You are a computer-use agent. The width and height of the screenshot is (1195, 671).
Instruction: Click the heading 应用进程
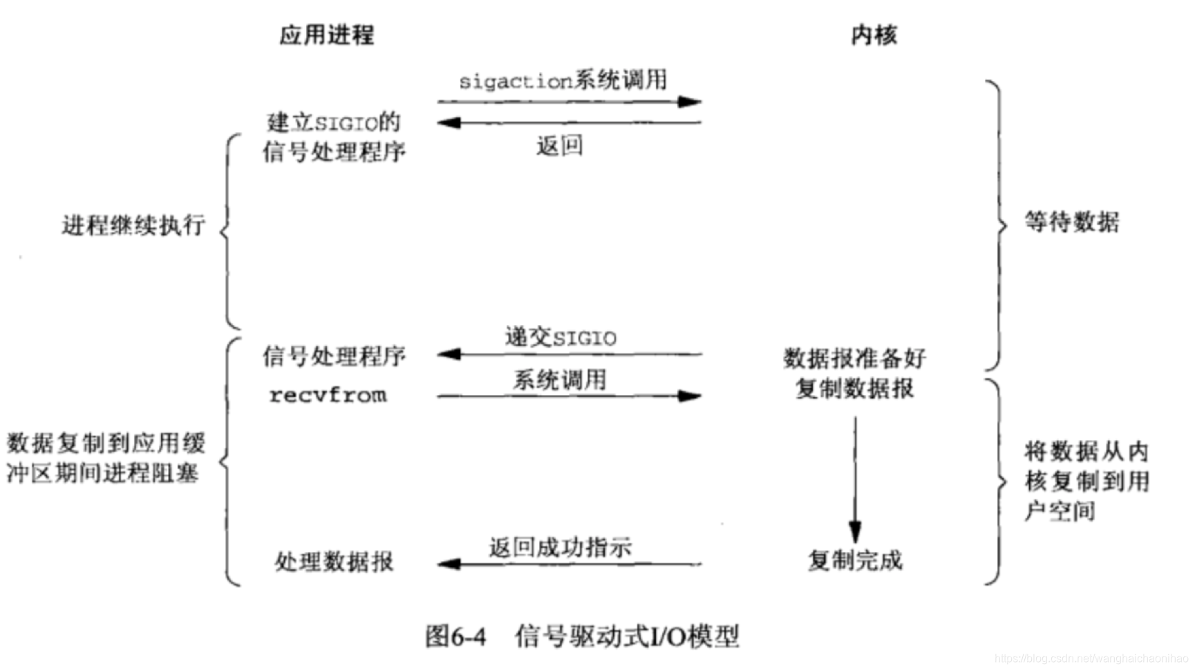point(326,35)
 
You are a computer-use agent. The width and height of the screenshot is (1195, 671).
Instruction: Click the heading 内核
point(874,35)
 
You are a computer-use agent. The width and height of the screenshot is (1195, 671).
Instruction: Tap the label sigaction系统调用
point(563,81)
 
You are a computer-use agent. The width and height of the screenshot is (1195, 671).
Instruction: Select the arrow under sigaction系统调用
point(569,102)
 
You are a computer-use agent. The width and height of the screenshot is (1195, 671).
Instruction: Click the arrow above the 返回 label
point(569,123)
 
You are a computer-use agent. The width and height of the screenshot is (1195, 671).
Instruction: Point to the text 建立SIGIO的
point(334,123)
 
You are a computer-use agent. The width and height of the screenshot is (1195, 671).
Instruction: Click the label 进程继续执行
point(133,225)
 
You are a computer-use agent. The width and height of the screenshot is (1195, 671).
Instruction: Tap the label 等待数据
point(1072,222)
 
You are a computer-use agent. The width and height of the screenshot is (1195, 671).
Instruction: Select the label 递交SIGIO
point(561,338)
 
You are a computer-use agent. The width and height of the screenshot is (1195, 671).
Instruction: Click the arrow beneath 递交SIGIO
point(569,354)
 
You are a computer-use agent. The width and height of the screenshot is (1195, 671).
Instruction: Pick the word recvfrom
point(328,395)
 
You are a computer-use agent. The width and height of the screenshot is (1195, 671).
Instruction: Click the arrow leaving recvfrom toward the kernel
point(569,396)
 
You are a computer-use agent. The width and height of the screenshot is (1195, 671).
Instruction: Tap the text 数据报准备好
point(854,358)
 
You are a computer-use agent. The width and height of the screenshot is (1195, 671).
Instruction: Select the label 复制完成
point(855,560)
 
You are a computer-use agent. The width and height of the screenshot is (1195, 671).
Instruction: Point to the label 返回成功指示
point(561,547)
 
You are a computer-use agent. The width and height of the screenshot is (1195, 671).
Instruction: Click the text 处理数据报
point(334,562)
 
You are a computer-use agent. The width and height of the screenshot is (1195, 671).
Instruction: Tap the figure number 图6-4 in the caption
point(455,636)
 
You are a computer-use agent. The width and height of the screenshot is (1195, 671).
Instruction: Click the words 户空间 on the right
point(1060,511)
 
